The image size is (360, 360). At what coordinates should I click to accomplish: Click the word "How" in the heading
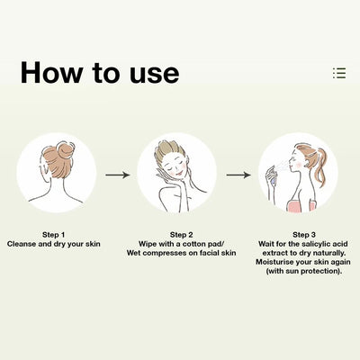(52, 72)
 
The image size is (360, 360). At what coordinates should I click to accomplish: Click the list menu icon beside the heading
(339, 73)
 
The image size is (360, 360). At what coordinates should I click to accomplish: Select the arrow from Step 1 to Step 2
(117, 175)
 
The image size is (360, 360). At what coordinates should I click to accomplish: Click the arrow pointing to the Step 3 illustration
(238, 175)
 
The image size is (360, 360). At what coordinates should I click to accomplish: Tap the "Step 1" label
(53, 235)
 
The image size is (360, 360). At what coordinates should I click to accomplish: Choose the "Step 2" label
(182, 235)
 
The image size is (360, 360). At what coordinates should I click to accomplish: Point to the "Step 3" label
(304, 235)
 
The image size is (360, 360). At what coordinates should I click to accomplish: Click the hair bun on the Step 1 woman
(66, 149)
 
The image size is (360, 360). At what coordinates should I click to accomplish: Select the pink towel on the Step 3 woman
(301, 205)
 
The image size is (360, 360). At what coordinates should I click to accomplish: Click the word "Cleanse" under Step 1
(22, 244)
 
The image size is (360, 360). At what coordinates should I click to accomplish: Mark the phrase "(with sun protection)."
(304, 271)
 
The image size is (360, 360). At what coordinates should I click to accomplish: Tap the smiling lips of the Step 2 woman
(179, 174)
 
